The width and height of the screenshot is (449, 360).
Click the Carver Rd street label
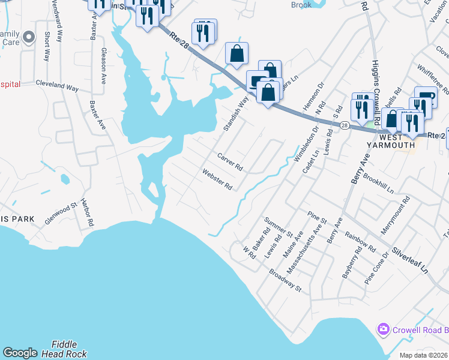[x=229, y=161]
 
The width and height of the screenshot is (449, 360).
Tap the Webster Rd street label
[x=217, y=179]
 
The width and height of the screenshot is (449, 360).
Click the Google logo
[x=20, y=353]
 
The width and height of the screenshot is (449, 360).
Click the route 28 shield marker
[x=344, y=125]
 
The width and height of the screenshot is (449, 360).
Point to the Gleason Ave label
[x=104, y=66]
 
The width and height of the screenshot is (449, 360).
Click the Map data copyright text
[x=424, y=355]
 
